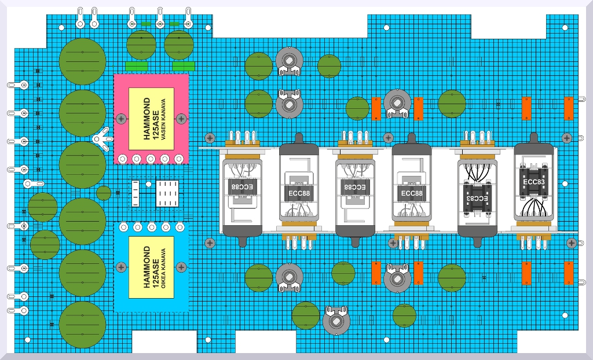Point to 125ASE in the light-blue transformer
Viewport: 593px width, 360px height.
pos(155,267)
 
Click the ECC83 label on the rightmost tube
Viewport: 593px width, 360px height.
pos(534,181)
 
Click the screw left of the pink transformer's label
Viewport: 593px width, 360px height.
pos(121,119)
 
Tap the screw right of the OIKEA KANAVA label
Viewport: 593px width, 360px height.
pos(181,267)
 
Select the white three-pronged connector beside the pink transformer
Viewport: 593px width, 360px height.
pos(103,139)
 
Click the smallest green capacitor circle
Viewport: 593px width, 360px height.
pos(104,193)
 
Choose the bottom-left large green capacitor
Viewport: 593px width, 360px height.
pos(82,325)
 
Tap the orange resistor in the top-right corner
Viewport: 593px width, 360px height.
pos(569,108)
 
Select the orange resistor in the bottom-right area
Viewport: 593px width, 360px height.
pos(569,273)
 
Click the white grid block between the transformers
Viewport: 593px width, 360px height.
pos(167,192)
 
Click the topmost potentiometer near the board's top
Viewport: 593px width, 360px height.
pos(289,60)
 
